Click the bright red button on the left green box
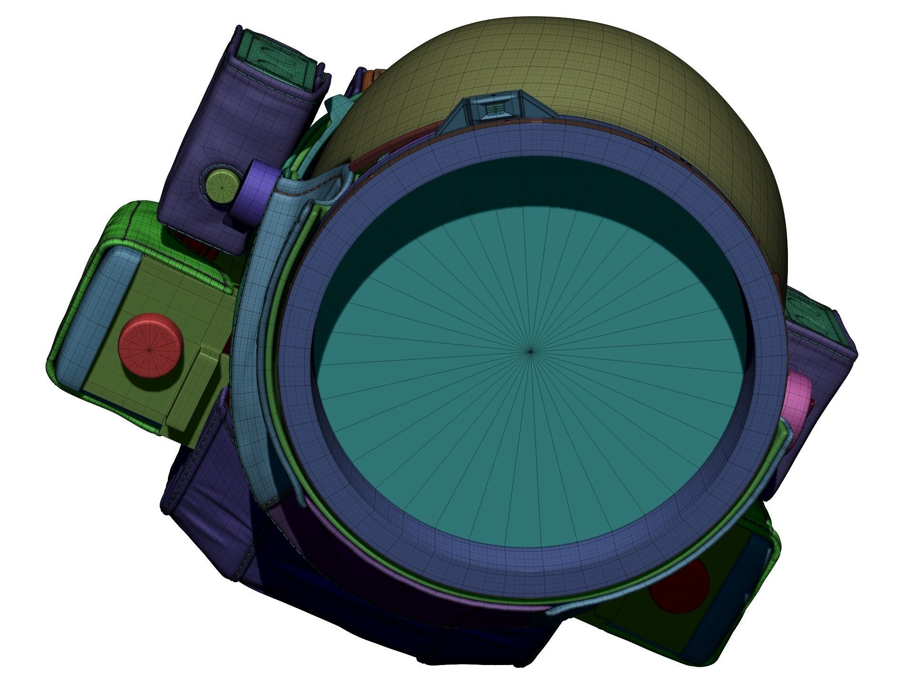(x=150, y=345)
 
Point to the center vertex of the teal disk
(x=531, y=352)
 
